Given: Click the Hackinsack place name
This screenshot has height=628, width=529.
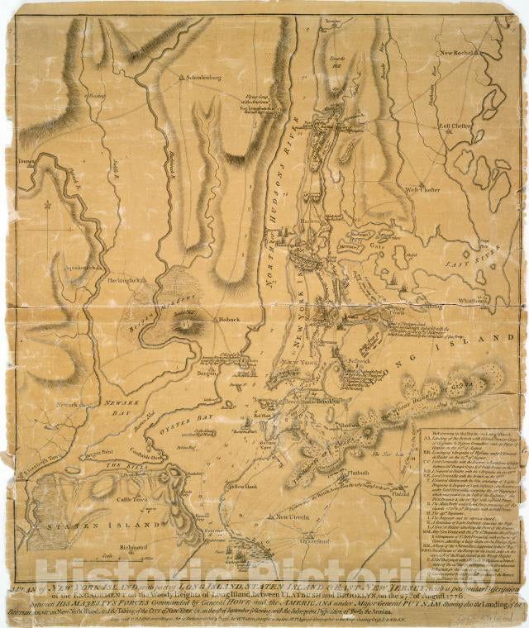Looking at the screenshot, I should coord(127,280).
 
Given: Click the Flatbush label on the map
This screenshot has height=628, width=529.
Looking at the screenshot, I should coord(358,473).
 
